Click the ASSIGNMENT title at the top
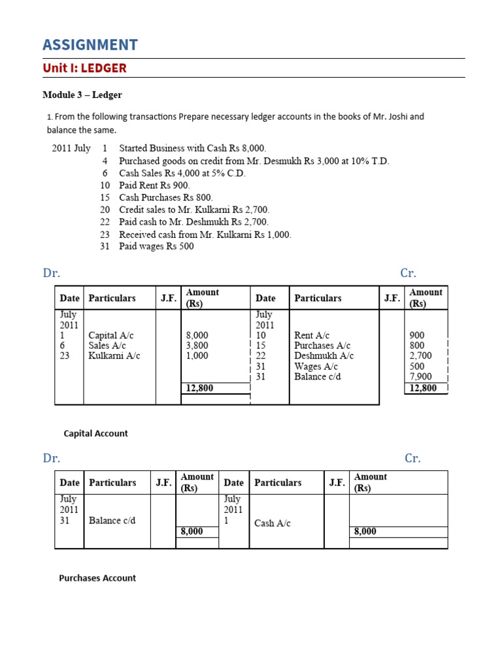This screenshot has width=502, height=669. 90,44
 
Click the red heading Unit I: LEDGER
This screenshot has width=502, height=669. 84,68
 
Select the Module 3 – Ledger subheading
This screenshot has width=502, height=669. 82,95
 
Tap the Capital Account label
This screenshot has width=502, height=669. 95,433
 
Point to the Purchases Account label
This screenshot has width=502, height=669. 97,578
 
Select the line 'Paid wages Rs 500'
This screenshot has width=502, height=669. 156,246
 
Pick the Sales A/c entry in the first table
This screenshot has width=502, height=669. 107,346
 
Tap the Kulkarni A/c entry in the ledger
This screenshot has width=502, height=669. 114,356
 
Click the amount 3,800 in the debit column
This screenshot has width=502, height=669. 197,346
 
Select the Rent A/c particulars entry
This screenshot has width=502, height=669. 312,335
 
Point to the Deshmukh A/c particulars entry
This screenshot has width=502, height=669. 324,356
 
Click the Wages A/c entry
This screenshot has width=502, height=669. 316,367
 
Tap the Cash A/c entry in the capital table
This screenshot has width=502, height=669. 272,523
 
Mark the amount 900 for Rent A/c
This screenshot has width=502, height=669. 416,335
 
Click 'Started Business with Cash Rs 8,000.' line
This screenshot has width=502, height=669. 192,148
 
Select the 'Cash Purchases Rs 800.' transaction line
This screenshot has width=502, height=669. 166,197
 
